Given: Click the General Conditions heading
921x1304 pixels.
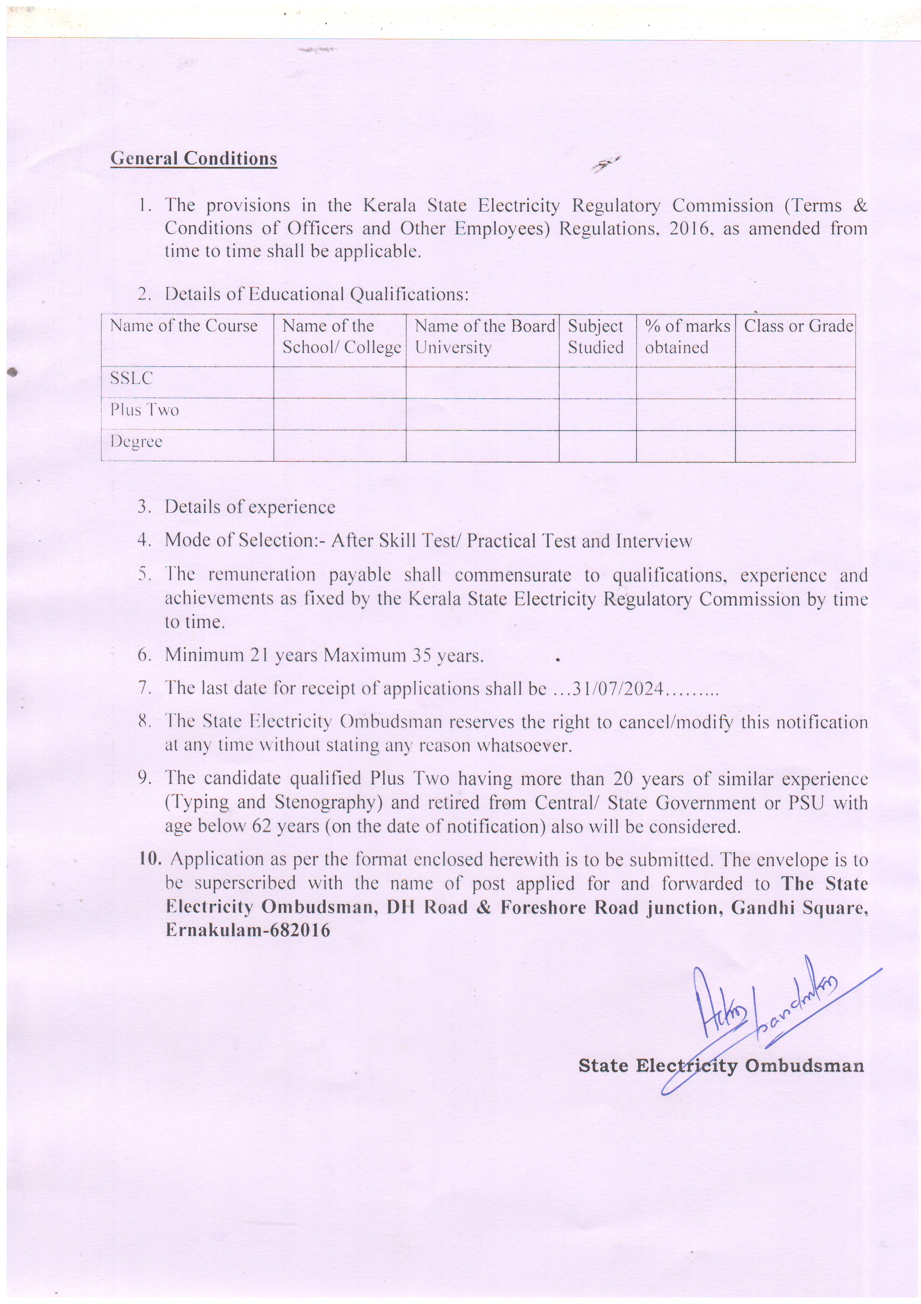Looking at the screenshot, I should [x=193, y=158].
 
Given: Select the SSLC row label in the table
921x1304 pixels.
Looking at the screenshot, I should [x=132, y=378].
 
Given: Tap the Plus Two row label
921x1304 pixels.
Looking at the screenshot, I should [x=145, y=410].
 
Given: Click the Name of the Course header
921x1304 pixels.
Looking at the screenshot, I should [x=183, y=326].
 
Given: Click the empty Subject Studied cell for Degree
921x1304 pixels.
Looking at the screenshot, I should [x=597, y=446].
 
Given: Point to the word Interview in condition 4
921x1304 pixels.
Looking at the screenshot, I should [x=654, y=541].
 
